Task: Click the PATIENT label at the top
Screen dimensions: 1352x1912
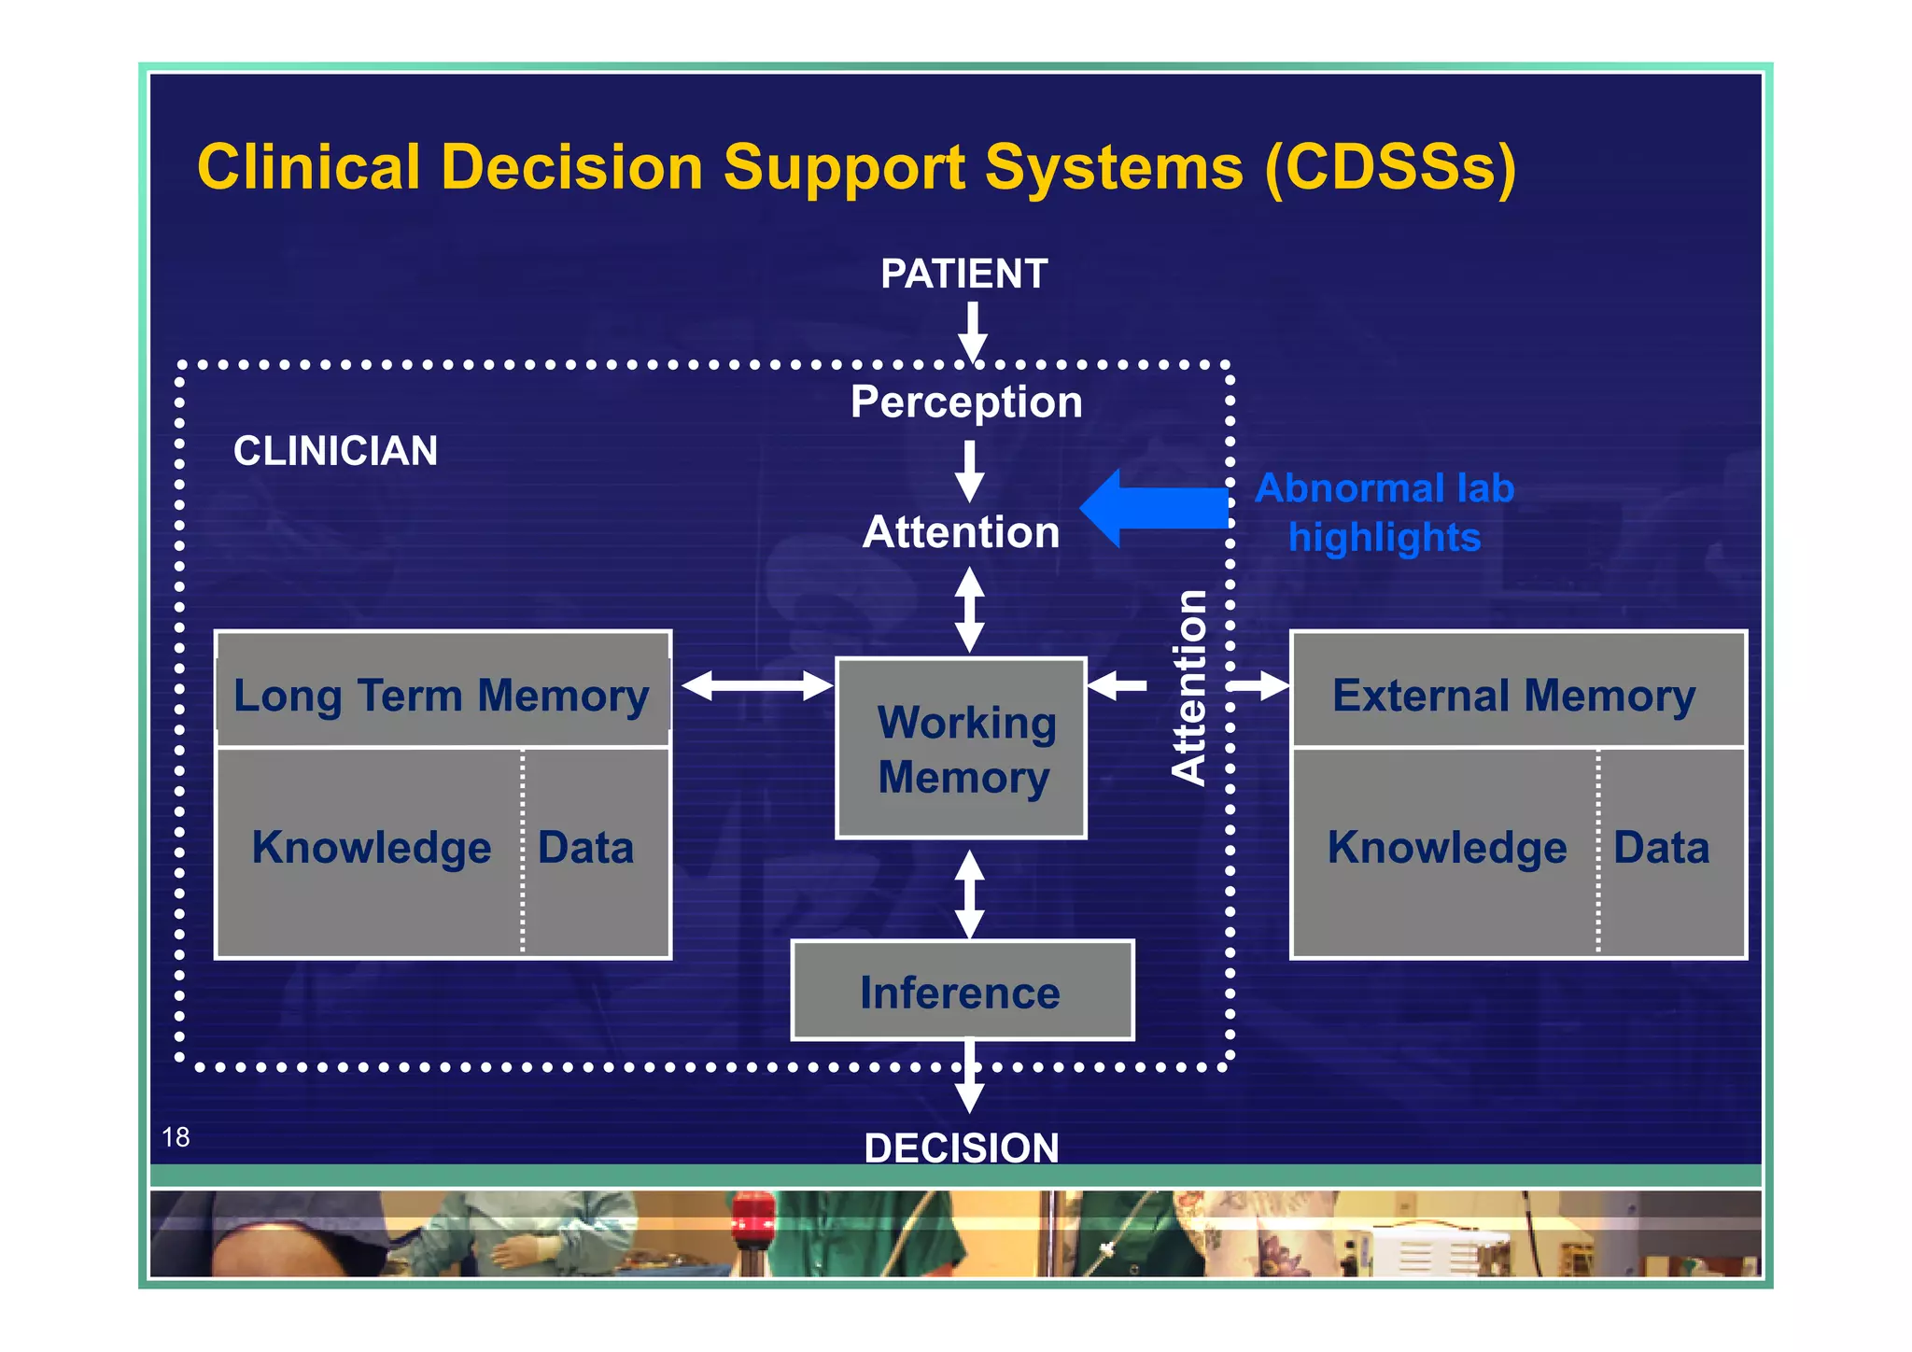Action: pyautogui.click(x=963, y=275)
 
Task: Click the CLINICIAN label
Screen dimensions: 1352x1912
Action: pyautogui.click(x=335, y=451)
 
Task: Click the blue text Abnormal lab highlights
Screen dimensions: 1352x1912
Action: pyautogui.click(x=1384, y=513)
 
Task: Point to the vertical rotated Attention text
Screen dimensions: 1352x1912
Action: pyautogui.click(x=1189, y=687)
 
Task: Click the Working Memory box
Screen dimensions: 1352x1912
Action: pyautogui.click(x=962, y=749)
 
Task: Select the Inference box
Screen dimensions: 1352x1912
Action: pyautogui.click(x=962, y=992)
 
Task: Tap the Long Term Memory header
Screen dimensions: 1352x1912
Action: pyautogui.click(x=442, y=696)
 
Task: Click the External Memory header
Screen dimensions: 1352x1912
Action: pyautogui.click(x=1514, y=696)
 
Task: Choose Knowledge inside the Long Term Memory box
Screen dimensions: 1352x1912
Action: pyautogui.click(x=372, y=848)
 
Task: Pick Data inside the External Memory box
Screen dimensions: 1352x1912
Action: pyautogui.click(x=1661, y=848)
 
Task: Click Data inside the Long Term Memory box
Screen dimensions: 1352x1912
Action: pyautogui.click(x=586, y=848)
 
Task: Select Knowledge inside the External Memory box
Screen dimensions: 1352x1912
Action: pyautogui.click(x=1447, y=848)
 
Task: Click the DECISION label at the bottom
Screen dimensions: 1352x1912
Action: pyautogui.click(x=962, y=1148)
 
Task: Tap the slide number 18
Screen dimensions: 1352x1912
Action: pyautogui.click(x=176, y=1137)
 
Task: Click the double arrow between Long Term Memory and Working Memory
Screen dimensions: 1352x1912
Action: pyautogui.click(x=756, y=686)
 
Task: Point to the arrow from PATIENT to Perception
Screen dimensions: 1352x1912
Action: pyautogui.click(x=973, y=332)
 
